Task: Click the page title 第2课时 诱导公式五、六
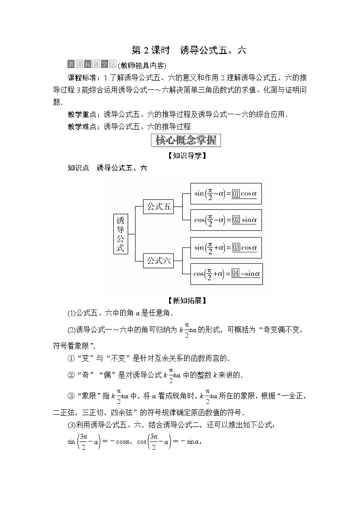click(x=188, y=50)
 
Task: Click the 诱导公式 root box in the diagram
click(x=120, y=234)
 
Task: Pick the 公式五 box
click(x=158, y=207)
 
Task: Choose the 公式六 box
click(x=158, y=261)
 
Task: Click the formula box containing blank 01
click(x=226, y=194)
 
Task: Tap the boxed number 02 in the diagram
click(x=236, y=220)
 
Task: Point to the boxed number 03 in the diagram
click(x=236, y=247)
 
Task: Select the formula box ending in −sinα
click(x=226, y=273)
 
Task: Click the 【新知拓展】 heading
click(x=186, y=300)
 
